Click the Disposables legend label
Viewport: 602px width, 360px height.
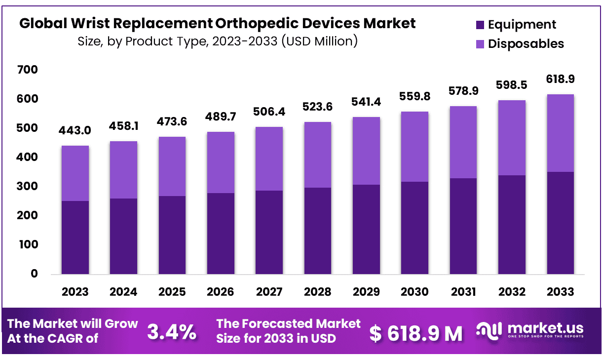pos(526,43)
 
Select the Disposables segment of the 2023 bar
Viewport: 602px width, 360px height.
pos(75,173)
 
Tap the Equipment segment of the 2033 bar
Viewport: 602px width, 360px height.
pos(560,223)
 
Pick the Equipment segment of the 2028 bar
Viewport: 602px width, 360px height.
pos(318,231)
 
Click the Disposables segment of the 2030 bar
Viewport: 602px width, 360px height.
pos(414,147)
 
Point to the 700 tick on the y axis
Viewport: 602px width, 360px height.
pos(28,70)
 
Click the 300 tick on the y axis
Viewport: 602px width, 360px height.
pos(28,187)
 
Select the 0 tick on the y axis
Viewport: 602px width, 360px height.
pos(34,274)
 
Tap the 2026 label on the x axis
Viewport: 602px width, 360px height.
pos(221,292)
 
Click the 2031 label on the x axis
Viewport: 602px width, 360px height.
pos(463,292)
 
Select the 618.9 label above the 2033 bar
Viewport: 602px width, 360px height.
pos(560,79)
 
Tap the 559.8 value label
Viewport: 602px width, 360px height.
pos(414,97)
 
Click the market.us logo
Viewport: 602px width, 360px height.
pos(530,330)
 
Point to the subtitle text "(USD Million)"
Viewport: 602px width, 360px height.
pos(319,40)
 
